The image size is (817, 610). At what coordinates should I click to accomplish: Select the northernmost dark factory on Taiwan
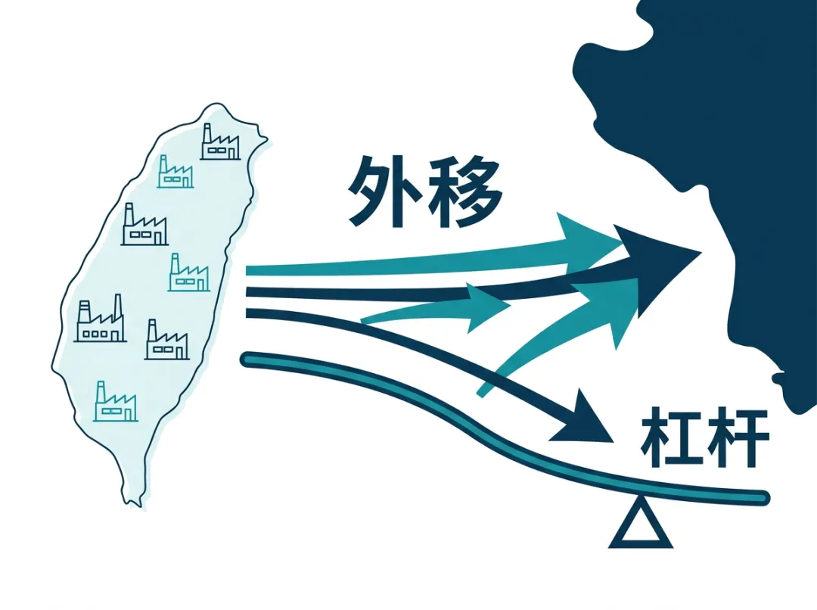[220, 142]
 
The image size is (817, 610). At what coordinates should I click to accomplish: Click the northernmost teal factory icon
[175, 172]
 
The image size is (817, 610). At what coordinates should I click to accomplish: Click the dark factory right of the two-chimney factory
[166, 340]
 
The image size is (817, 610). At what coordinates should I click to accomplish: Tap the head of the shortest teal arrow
[487, 307]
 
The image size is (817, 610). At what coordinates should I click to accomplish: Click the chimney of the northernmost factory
[207, 133]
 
